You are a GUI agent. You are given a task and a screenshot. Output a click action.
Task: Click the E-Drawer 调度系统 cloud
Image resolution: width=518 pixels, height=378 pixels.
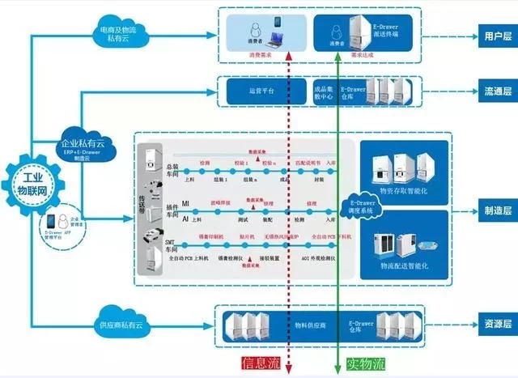pyautogui.click(x=362, y=206)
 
